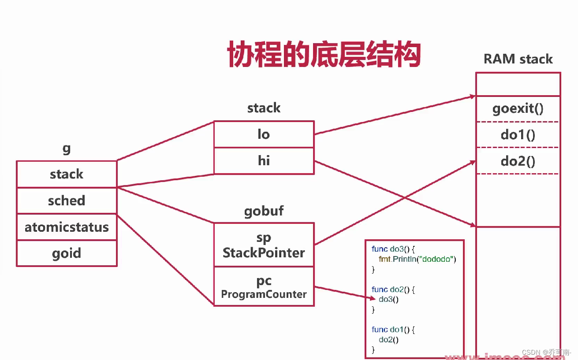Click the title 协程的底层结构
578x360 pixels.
[x=324, y=55]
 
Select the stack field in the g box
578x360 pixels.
[x=67, y=174]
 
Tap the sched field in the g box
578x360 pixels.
[x=67, y=200]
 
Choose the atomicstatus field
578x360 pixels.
[x=67, y=227]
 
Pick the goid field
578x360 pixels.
[x=67, y=253]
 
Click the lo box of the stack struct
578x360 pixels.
[x=264, y=134]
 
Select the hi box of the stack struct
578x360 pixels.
[x=264, y=160]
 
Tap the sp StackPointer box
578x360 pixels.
[x=264, y=245]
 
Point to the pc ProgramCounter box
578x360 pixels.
[x=264, y=286]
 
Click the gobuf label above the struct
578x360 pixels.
[x=264, y=211]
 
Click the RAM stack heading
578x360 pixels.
[x=518, y=59]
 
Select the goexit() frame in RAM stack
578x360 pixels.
[x=518, y=109]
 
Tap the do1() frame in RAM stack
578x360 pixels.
[x=518, y=134]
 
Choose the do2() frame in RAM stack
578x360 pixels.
[x=518, y=161]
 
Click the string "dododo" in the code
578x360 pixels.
[x=438, y=259]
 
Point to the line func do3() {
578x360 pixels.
[x=394, y=249]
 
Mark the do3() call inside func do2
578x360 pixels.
[x=388, y=300]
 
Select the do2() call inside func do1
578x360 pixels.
[x=388, y=340]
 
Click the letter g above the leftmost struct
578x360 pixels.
[x=67, y=148]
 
